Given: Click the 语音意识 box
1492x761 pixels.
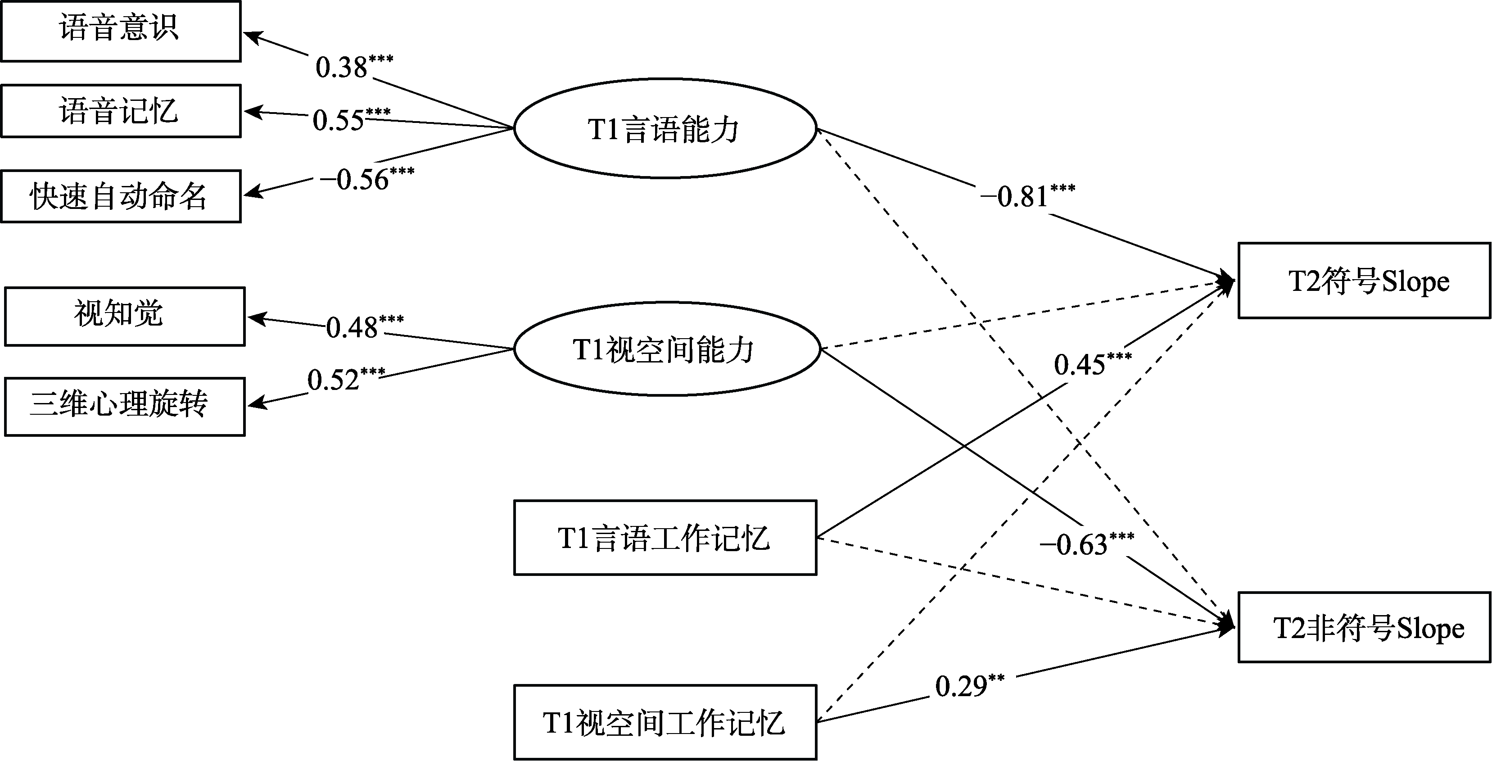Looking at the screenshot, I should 121,31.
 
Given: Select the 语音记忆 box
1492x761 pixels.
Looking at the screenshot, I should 121,111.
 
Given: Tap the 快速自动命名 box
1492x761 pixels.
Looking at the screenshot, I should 121,196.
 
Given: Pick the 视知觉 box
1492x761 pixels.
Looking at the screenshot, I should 125,316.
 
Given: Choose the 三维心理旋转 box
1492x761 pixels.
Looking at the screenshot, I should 125,407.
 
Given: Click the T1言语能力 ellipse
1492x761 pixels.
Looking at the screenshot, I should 665,129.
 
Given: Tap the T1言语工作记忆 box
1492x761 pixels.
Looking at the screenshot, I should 665,538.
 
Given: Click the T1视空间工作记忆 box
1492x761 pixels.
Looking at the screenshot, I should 665,722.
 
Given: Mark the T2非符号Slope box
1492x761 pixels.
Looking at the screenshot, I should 1364,627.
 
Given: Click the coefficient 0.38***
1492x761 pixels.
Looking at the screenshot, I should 353,66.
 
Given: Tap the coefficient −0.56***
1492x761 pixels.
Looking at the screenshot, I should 366,178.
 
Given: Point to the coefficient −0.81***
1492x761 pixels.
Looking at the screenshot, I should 1027,196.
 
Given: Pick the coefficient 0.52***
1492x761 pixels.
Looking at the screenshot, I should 345,379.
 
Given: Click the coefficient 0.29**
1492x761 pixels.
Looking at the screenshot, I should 969,686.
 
